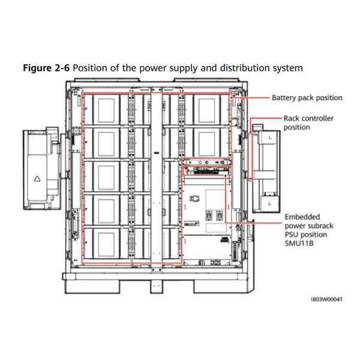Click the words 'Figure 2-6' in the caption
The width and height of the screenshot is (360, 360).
tap(46, 68)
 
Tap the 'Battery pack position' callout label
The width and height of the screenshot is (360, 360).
tap(307, 98)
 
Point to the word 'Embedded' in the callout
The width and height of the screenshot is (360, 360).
tap(302, 217)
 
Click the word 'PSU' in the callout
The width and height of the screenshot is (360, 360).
tap(292, 234)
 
